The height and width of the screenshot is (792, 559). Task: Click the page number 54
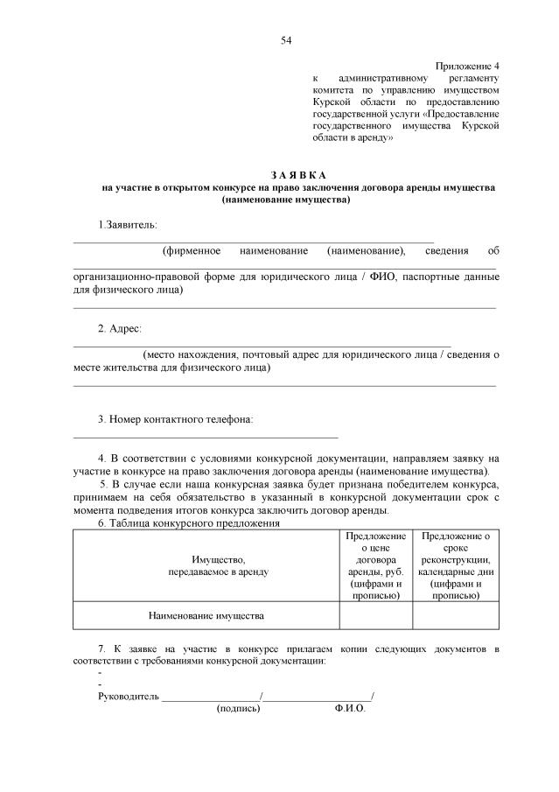tap(286, 40)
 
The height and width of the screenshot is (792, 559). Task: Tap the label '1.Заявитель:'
tap(127, 225)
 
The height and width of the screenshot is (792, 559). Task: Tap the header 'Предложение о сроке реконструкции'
tap(455, 565)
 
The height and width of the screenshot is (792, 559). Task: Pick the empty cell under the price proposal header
tap(375, 616)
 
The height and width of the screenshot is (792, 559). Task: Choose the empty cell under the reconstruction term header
tap(455, 616)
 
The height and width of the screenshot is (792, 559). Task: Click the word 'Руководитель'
tap(129, 697)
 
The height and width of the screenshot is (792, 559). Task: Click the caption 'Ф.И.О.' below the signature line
tap(349, 709)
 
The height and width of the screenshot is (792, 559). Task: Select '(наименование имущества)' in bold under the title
tap(286, 200)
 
